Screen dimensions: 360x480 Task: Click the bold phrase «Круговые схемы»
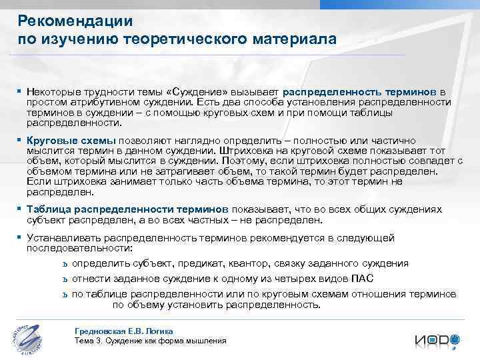click(71, 141)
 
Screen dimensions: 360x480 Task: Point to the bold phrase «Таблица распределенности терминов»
click(127, 209)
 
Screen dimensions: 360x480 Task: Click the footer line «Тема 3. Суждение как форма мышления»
click(150, 341)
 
